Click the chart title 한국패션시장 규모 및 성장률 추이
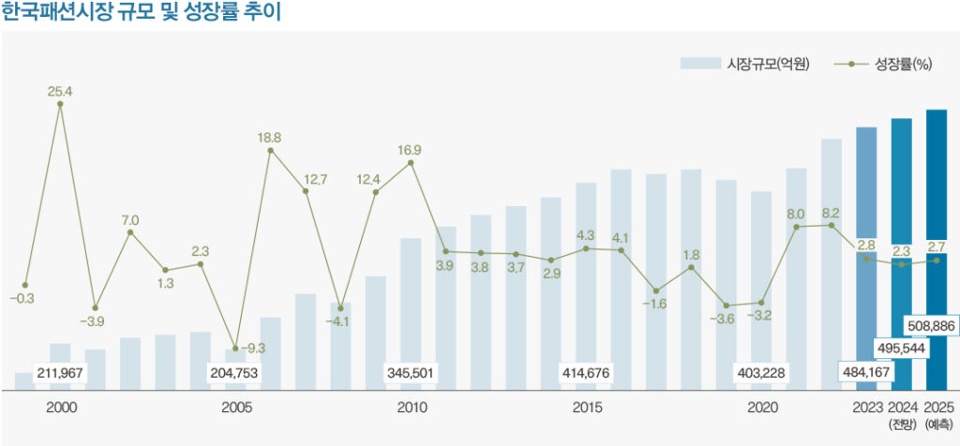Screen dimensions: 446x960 click(x=142, y=13)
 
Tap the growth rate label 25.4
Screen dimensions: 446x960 click(x=60, y=92)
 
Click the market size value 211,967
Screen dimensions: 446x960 click(x=60, y=373)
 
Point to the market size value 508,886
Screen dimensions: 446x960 click(x=931, y=325)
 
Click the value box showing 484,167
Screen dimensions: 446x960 click(x=866, y=373)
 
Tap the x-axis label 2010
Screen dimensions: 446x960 click(x=412, y=408)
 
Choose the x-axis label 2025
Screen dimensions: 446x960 click(x=937, y=408)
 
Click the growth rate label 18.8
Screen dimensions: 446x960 click(x=270, y=138)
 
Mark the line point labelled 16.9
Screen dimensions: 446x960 click(x=411, y=163)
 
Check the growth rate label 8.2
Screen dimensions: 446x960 click(x=831, y=213)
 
